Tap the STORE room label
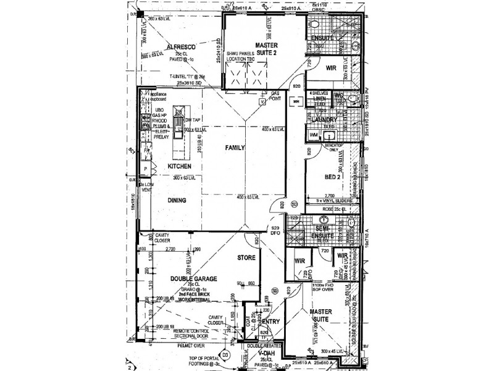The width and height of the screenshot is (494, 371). pyautogui.click(x=247, y=257)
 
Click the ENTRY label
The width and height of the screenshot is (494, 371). pyautogui.click(x=271, y=322)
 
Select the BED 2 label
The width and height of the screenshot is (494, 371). pyautogui.click(x=333, y=177)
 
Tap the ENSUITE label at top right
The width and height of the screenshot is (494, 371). pyautogui.click(x=324, y=38)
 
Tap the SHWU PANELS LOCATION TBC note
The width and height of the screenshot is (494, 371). pyautogui.click(x=245, y=57)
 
